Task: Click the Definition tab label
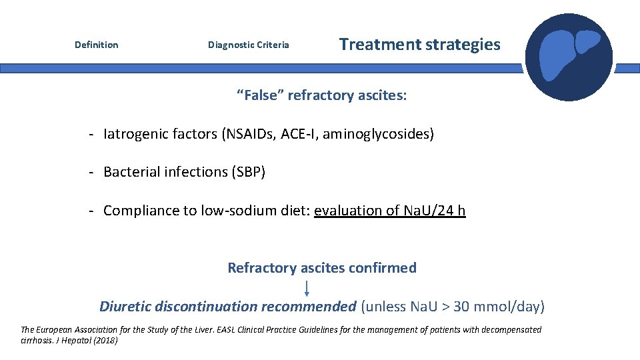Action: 96,45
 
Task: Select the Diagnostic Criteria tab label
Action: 249,45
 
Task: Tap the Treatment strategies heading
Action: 419,45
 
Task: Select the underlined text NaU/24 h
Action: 435,211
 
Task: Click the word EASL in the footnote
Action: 221,329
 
